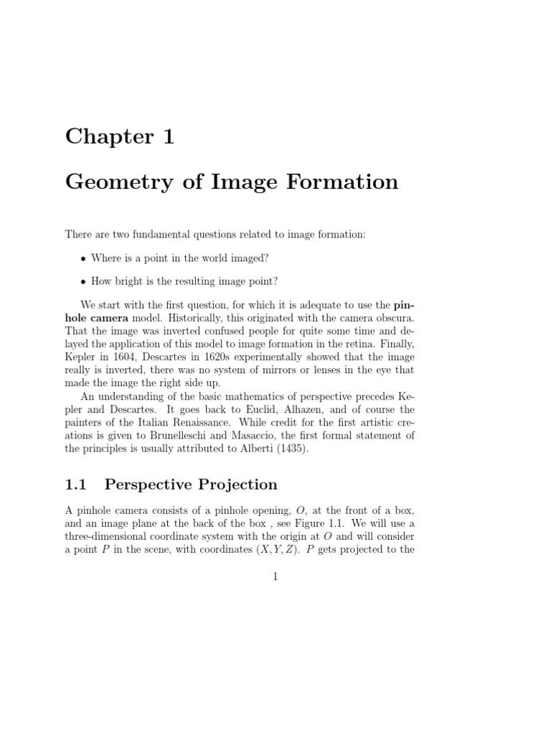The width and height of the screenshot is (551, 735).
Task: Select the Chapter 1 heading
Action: (119, 136)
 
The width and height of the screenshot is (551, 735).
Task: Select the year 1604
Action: (124, 357)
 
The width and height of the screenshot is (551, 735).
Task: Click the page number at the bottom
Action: (275, 576)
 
